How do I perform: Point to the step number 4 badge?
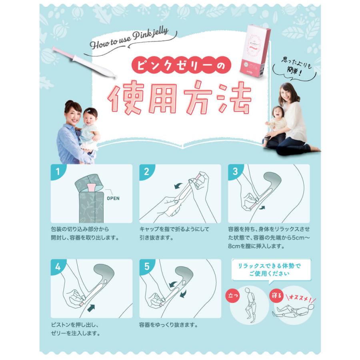coord(58,267)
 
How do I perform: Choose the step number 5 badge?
coord(146,267)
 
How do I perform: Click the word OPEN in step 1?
coord(113,198)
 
